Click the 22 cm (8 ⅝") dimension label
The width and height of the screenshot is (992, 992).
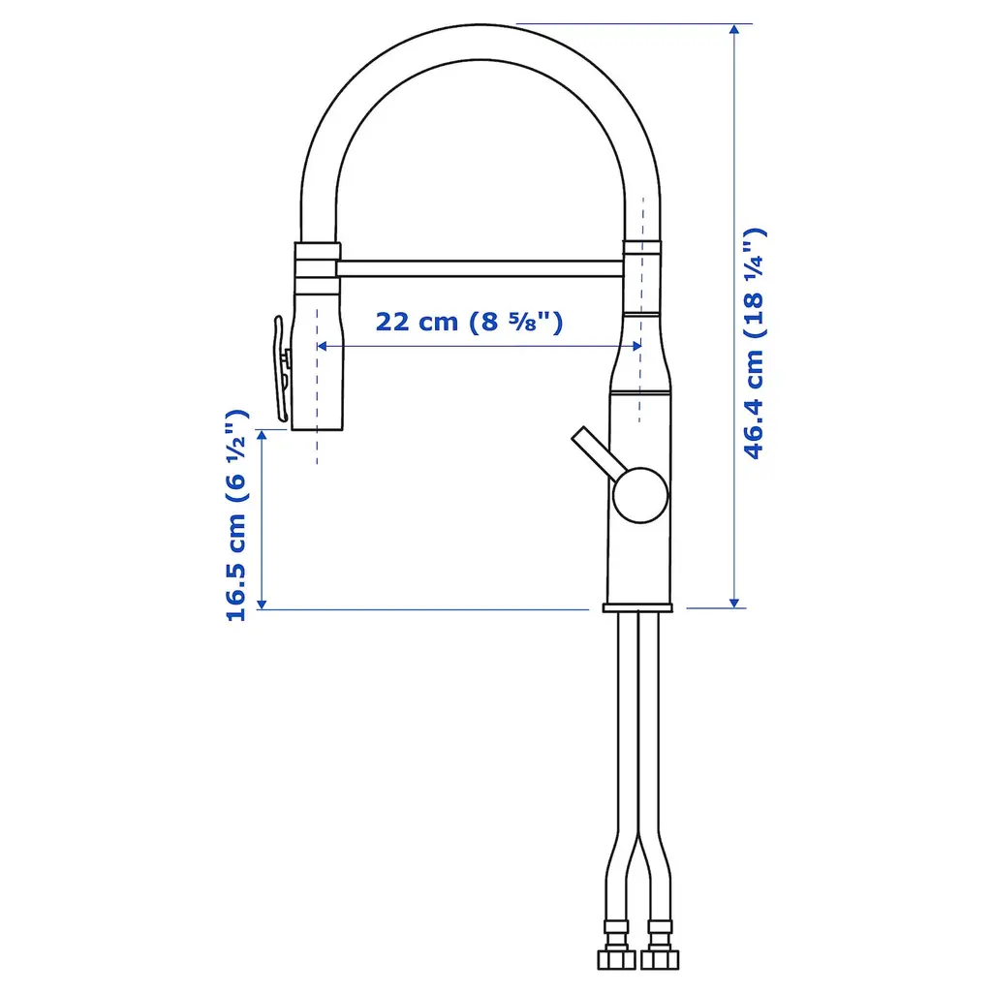(469, 322)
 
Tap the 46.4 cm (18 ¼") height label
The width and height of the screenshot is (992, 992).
(754, 343)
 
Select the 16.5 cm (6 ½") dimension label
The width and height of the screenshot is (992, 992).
(236, 515)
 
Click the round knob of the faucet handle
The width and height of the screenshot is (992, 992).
(639, 495)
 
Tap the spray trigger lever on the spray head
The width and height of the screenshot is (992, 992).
(281, 369)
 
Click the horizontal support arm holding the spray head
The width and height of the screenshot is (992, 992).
(480, 268)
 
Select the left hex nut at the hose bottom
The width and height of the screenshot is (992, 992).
(617, 959)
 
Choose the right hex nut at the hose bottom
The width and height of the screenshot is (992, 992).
(659, 959)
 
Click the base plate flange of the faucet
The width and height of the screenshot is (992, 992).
(637, 608)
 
